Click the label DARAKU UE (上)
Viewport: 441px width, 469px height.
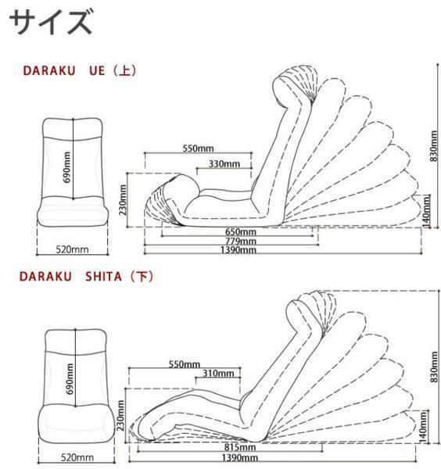[x=79, y=70]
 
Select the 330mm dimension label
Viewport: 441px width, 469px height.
[x=224, y=163]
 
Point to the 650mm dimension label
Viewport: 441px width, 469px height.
[x=241, y=232]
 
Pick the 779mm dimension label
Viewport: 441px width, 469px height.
[x=241, y=242]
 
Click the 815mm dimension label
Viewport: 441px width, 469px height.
[x=241, y=448]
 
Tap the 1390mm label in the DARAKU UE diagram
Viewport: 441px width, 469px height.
[x=241, y=251]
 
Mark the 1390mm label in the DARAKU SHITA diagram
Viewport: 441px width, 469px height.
[x=241, y=458]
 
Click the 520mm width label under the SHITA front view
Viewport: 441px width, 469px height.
[x=77, y=456]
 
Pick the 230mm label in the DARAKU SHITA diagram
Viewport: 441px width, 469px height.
[x=122, y=419]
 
